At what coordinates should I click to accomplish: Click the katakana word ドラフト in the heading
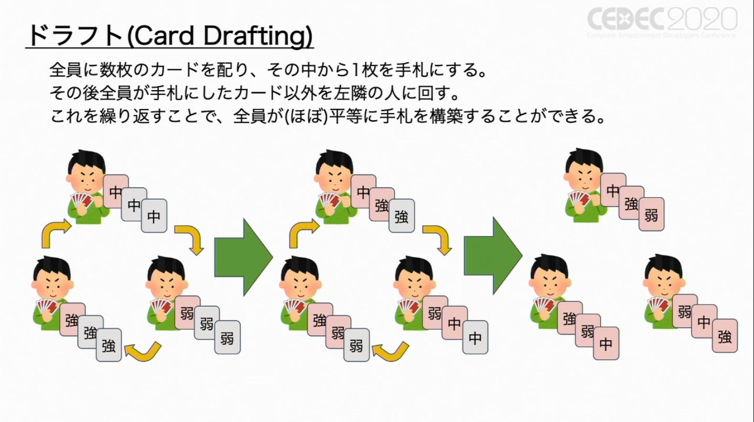pyautogui.click(x=76, y=35)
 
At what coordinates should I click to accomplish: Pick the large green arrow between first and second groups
pyautogui.click(x=244, y=257)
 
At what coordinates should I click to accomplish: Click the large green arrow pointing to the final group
pyautogui.click(x=493, y=256)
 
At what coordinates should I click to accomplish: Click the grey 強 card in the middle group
pyautogui.click(x=402, y=215)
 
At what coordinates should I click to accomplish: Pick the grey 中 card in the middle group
pyautogui.click(x=475, y=337)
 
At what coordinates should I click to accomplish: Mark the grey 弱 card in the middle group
pyautogui.click(x=357, y=345)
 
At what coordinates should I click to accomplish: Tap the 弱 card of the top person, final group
pyautogui.click(x=651, y=214)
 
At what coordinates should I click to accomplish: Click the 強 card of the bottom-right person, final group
pyautogui.click(x=725, y=336)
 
